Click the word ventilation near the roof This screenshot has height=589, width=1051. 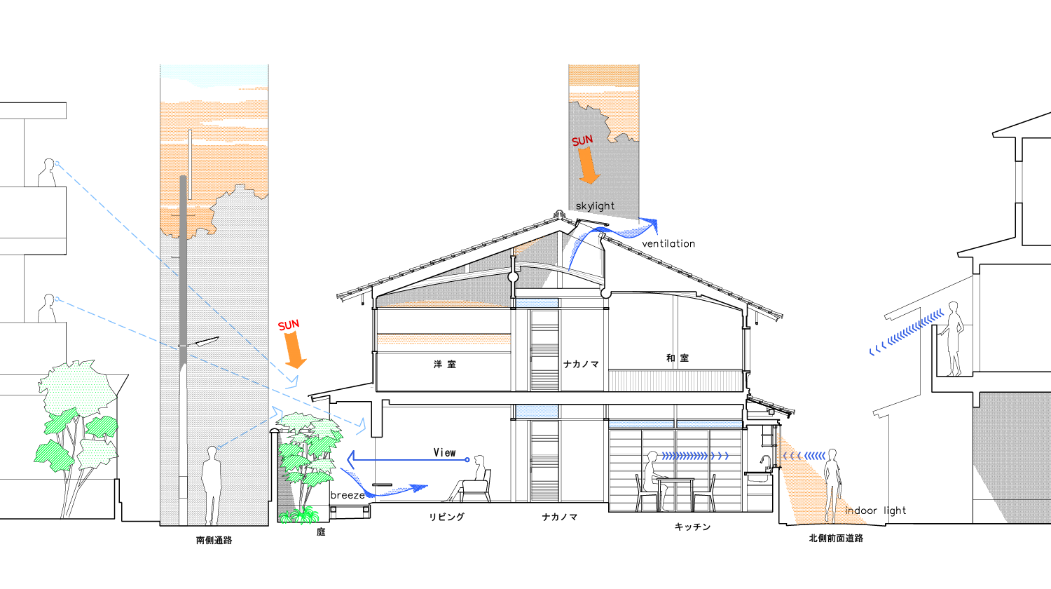click(x=668, y=244)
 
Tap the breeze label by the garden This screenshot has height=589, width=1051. click(x=348, y=495)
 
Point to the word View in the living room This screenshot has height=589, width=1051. click(x=444, y=453)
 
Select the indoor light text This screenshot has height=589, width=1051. click(x=875, y=510)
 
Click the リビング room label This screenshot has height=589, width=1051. click(x=447, y=517)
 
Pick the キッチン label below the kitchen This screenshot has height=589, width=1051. click(x=692, y=527)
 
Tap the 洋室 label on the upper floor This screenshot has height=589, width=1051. click(x=444, y=365)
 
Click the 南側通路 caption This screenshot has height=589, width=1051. click(x=214, y=540)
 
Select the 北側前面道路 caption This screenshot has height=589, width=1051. click(x=836, y=539)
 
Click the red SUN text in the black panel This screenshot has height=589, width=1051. click(x=582, y=141)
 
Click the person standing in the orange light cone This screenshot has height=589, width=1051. click(x=832, y=484)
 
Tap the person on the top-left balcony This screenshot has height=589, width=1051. click(x=47, y=172)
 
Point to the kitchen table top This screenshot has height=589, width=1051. click(x=675, y=480)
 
